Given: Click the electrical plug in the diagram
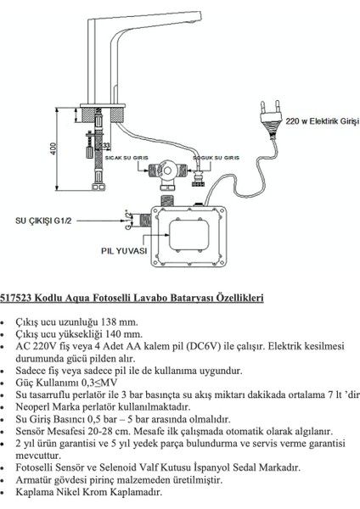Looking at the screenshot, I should click(x=270, y=112).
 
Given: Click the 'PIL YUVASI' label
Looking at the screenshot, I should click(x=124, y=252).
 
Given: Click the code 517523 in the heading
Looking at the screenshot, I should click(x=18, y=299).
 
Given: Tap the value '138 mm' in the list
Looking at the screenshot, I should click(x=118, y=322).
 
